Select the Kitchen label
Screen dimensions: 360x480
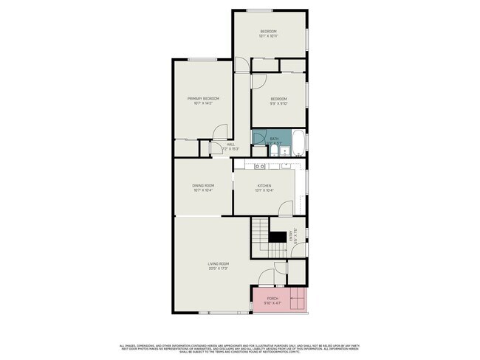(x=264, y=185)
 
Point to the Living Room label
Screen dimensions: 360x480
(x=218, y=263)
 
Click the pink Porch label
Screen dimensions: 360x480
(x=272, y=298)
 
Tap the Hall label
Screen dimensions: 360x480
(x=230, y=144)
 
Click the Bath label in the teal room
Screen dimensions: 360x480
(x=274, y=139)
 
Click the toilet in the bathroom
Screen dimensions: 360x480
(x=273, y=150)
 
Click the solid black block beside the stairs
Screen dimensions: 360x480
(x=277, y=237)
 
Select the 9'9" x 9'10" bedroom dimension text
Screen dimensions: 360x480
(x=278, y=103)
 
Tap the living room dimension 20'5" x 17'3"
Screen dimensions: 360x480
(x=218, y=268)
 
